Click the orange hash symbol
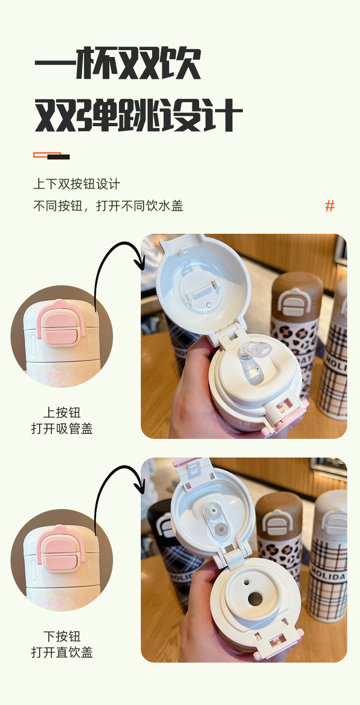tap(330, 206)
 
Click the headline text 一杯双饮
tap(118, 63)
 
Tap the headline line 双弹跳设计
tap(139, 115)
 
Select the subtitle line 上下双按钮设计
tap(77, 184)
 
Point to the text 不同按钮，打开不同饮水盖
tap(108, 206)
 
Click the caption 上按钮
tap(62, 412)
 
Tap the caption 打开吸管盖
tap(62, 429)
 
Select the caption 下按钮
tap(62, 636)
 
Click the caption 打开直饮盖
tap(62, 653)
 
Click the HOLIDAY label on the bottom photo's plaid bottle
tap(328, 576)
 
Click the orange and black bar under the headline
tap(51, 155)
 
